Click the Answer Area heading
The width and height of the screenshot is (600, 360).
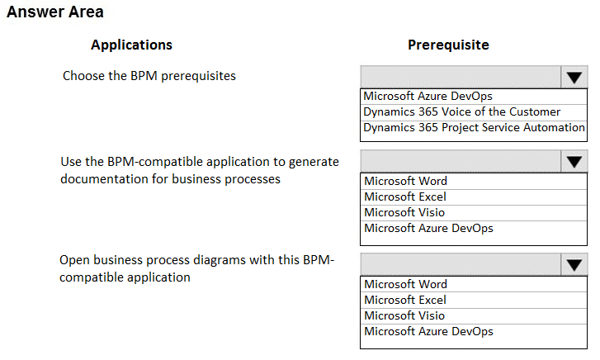[55, 12]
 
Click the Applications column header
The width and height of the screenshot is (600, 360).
[131, 45]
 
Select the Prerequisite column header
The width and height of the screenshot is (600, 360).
[448, 45]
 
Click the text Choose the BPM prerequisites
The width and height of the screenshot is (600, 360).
[149, 76]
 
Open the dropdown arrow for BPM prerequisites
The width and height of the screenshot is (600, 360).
[574, 77]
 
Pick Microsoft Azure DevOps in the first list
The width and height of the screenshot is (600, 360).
[428, 96]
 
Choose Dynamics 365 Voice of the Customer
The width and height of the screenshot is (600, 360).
[462, 111]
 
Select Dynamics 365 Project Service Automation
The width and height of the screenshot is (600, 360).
[474, 127]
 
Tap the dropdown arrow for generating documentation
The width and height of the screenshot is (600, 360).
[574, 161]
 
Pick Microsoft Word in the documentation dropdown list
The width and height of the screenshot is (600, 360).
[405, 181]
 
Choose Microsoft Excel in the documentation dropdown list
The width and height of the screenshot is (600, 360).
[405, 197]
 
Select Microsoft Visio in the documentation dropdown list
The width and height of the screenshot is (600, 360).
[404, 212]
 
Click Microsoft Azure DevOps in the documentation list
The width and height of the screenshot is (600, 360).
[428, 228]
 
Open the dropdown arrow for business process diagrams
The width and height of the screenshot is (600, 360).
[574, 265]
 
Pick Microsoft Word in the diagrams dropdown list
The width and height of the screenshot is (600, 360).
[405, 284]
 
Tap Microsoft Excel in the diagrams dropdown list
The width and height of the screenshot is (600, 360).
[405, 300]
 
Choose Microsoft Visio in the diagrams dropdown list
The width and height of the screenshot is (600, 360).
[404, 315]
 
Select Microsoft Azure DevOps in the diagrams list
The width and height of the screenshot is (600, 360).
[428, 332]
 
